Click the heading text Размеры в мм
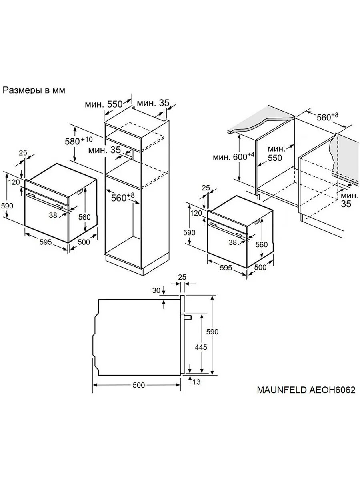pyautogui.click(x=34, y=90)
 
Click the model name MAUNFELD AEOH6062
pyautogui.click(x=306, y=390)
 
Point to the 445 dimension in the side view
pyautogui.click(x=200, y=347)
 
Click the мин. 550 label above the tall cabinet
pyautogui.click(x=103, y=104)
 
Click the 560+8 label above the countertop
pyautogui.click(x=327, y=117)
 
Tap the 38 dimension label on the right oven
pyautogui.click(x=233, y=242)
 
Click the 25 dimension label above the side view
pyautogui.click(x=182, y=277)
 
